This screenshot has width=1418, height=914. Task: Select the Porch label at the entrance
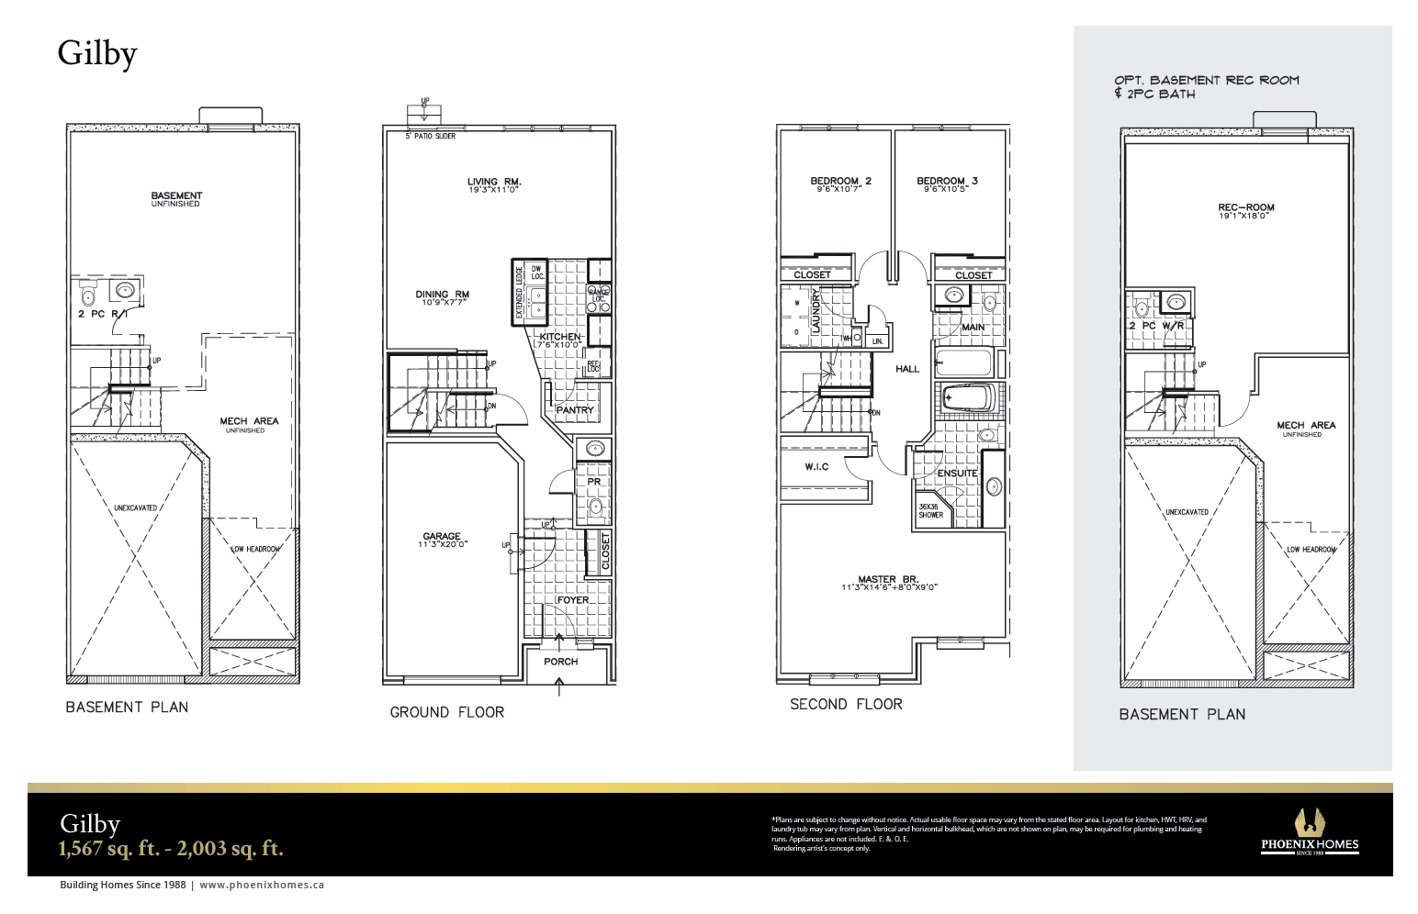pos(560,662)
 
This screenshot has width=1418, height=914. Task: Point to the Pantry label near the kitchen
pos(575,410)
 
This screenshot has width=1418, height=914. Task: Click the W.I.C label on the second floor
pos(816,467)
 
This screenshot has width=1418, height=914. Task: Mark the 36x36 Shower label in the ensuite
pos(930,510)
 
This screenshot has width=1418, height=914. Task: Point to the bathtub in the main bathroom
pos(964,362)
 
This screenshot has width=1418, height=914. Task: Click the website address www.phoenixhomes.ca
pos(262,886)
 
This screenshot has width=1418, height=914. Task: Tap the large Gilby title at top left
pos(97,53)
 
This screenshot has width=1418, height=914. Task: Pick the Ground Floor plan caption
pos(446,712)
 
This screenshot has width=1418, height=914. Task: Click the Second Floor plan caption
pos(846,705)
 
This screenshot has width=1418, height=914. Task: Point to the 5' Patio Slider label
pos(431,136)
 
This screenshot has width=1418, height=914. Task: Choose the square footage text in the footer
pos(171,849)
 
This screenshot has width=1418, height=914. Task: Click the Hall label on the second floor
pos(906,369)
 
